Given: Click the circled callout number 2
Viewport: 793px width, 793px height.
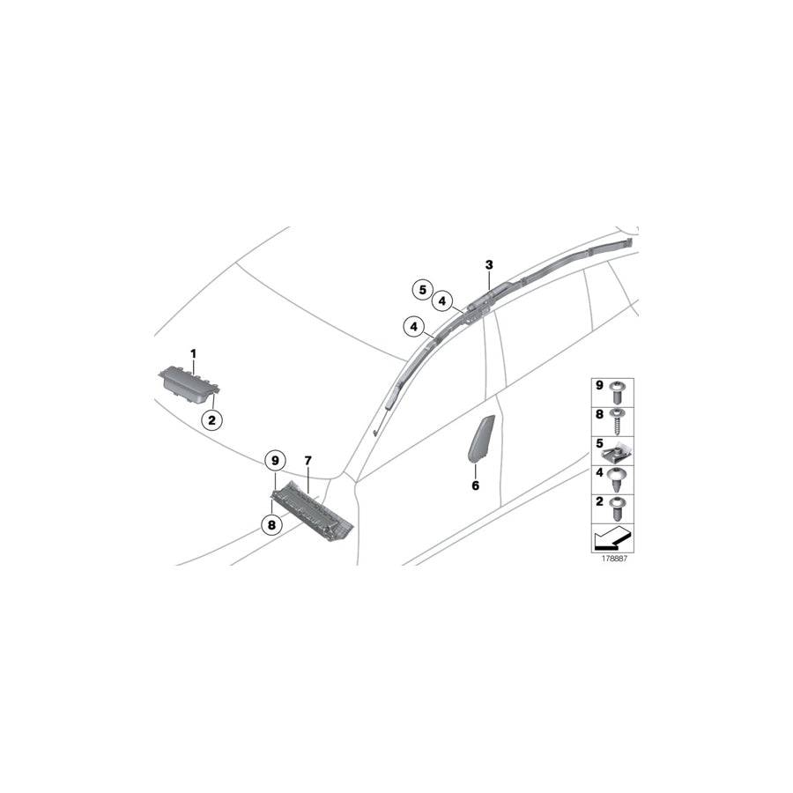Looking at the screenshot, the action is coord(211,419).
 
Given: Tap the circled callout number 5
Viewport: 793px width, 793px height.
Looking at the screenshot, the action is coord(422,290).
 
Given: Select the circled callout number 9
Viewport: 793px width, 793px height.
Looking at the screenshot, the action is coord(275,461).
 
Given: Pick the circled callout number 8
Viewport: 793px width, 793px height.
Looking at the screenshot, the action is coord(271,525).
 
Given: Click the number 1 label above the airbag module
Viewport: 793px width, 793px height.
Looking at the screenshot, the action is coord(193,353).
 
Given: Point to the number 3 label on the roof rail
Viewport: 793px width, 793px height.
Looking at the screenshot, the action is coord(488,264).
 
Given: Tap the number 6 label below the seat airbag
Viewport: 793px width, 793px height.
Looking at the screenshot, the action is coord(476,485).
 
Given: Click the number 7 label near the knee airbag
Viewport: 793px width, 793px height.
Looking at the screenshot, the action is coord(308,461).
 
